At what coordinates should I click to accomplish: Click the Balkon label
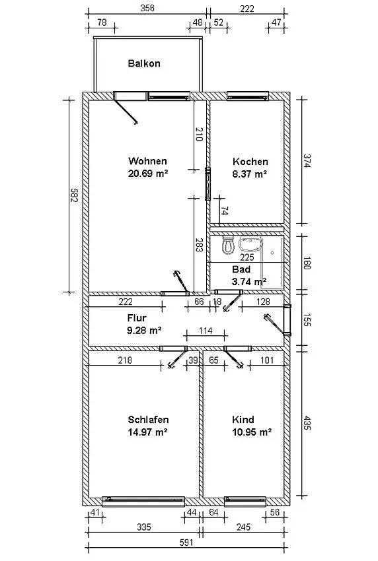tap(144, 63)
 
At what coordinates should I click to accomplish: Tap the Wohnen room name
tap(147, 161)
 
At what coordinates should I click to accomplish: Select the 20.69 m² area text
tap(148, 174)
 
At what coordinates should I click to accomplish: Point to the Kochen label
tap(250, 161)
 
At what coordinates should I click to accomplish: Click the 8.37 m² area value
tap(249, 174)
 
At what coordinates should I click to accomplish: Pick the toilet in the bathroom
tap(228, 244)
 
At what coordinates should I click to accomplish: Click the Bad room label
tap(241, 269)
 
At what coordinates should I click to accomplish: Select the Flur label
tap(137, 317)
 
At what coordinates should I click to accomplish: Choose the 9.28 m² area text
tap(144, 330)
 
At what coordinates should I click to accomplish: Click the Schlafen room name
tap(148, 419)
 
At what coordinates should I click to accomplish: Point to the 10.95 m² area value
tap(252, 432)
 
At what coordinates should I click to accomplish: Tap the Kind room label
tap(243, 419)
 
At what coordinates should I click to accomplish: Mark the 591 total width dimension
tap(186, 543)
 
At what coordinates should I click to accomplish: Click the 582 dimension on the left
tap(74, 195)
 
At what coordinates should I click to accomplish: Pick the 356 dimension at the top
tap(147, 8)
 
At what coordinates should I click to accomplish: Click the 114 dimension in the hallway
tap(206, 331)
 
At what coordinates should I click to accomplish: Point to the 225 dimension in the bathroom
tap(247, 257)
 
